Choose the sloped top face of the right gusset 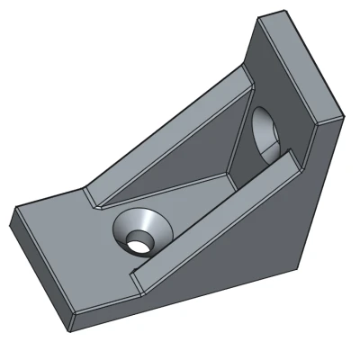point(216,211)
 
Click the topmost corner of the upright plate point(261,15)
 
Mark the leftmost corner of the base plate point(13,212)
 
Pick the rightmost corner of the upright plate point(345,115)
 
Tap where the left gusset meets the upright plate point(247,76)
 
